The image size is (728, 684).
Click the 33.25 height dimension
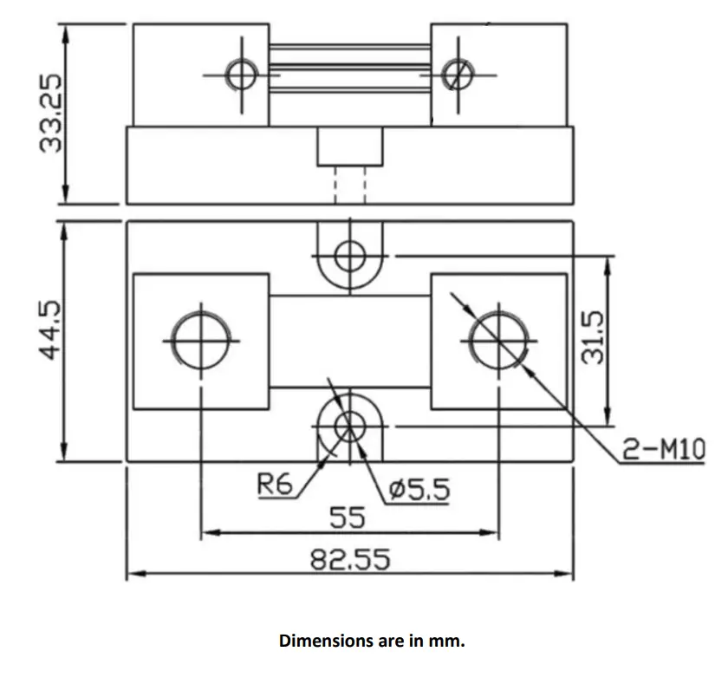click(53, 113)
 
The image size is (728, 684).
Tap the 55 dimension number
click(348, 518)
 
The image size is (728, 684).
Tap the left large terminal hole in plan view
click(203, 337)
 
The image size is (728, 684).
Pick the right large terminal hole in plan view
click(499, 337)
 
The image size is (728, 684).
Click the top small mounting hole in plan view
click(350, 256)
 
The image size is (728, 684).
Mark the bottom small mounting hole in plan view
click(350, 425)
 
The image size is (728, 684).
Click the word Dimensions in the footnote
click(318, 642)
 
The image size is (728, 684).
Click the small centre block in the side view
click(349, 147)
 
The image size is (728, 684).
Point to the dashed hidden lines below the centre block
click(349, 186)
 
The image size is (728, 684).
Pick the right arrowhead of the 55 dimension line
click(493, 533)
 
